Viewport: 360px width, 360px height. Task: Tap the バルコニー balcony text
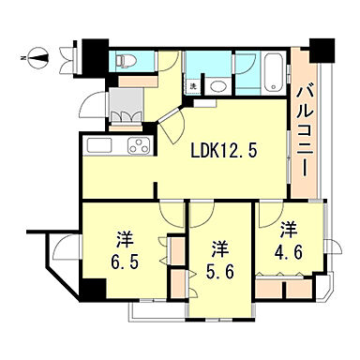point(306,131)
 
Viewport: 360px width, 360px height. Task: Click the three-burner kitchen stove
point(137,147)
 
